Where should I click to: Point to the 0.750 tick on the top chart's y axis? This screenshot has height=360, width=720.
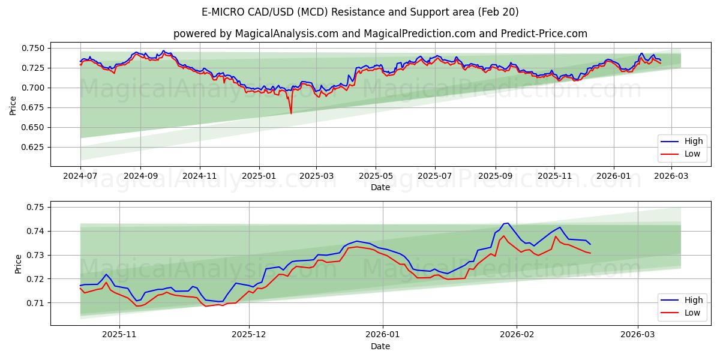tap(34, 48)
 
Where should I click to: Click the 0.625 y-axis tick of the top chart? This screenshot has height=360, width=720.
tap(34, 147)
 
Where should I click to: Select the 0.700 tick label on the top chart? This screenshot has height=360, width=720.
tap(34, 88)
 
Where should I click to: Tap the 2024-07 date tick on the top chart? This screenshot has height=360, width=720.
tap(80, 176)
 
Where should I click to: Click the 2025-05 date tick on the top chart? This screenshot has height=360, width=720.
tap(376, 176)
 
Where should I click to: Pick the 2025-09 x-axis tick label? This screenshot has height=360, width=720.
tap(495, 176)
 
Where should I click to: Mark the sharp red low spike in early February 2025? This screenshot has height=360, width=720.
tap(291, 113)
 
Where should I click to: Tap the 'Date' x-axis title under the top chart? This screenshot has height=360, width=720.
tap(380, 187)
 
